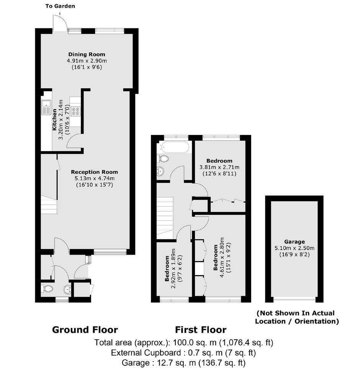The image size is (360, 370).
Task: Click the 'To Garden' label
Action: (60, 6)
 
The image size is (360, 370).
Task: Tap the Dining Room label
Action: (87, 54)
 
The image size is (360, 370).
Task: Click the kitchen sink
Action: (46, 107)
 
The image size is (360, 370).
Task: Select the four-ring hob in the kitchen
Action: (76, 111)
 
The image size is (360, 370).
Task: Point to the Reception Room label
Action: (94, 172)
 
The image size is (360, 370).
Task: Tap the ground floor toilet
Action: (47, 288)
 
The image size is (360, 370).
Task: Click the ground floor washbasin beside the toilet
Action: (67, 289)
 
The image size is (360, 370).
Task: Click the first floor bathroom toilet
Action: (163, 159)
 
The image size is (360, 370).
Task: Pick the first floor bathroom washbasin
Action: (160, 171)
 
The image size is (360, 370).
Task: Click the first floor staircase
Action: (165, 218)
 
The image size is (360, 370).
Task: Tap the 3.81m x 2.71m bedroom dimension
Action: (219, 167)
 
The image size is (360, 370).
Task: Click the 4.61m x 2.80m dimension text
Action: (222, 257)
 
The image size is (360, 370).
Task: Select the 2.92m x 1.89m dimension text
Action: (173, 268)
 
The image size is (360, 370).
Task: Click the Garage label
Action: (295, 242)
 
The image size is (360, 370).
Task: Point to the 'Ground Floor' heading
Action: (85, 330)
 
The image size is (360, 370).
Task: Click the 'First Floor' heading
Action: (201, 330)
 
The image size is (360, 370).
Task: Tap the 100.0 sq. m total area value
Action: (195, 342)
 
